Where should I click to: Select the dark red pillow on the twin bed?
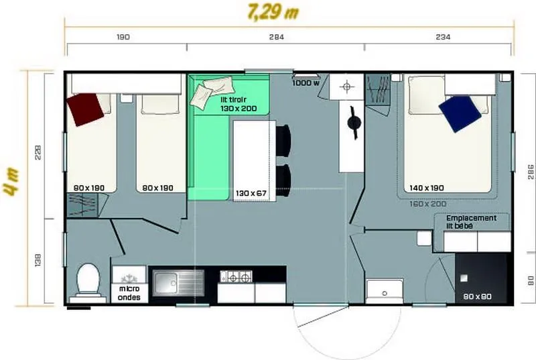(x=86, y=109)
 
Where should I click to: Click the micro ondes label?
(x=129, y=292)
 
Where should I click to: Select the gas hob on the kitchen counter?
(x=237, y=276)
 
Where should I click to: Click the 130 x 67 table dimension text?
(x=251, y=194)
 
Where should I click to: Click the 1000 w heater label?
(x=306, y=84)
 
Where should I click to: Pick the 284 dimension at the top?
(x=276, y=38)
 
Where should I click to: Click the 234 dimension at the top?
(x=443, y=38)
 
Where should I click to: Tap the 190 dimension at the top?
(x=123, y=38)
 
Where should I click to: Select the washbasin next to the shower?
(x=384, y=290)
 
